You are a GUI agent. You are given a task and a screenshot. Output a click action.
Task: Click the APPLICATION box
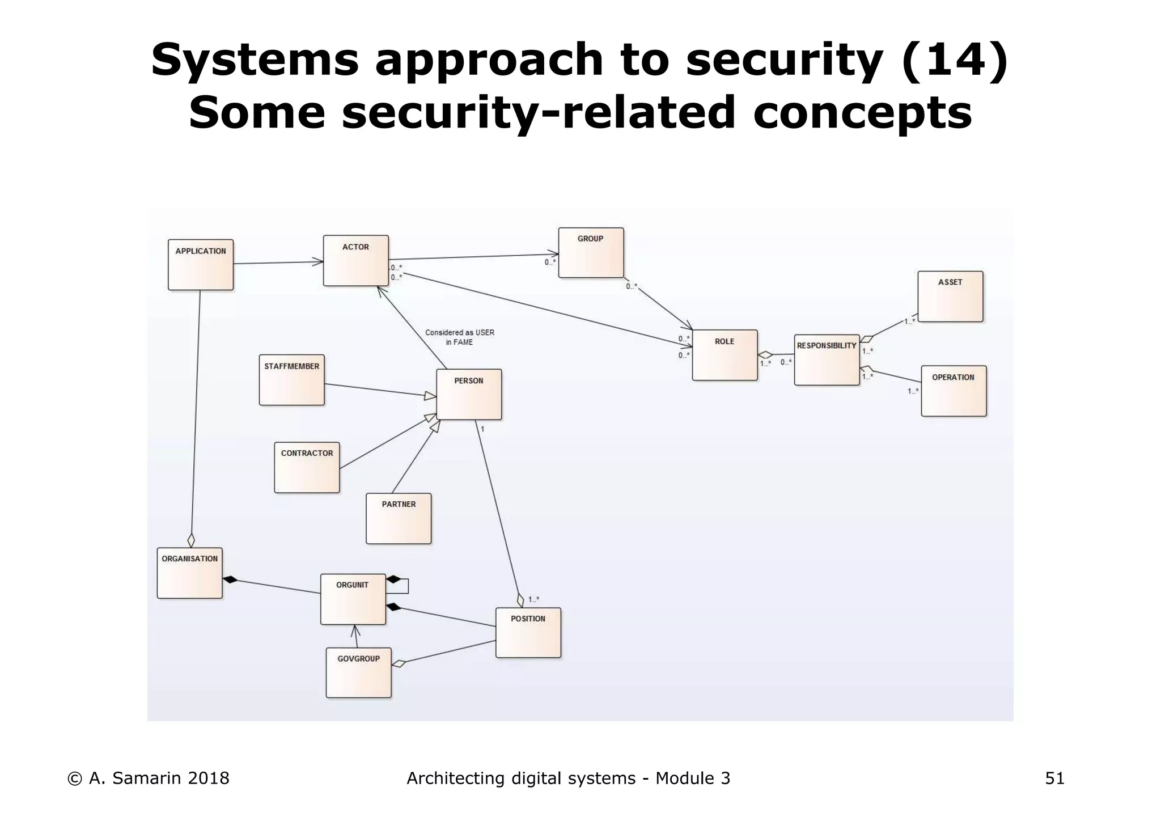(x=201, y=265)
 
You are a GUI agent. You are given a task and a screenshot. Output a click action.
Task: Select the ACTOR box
(x=356, y=261)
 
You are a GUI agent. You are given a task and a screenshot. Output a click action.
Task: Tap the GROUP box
(x=591, y=253)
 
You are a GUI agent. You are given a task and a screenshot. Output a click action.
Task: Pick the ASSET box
(x=950, y=297)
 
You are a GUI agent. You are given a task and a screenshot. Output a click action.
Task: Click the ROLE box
(x=724, y=355)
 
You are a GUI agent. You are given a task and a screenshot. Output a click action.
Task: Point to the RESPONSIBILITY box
(x=827, y=360)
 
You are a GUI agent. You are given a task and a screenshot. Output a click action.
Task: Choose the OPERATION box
(x=954, y=391)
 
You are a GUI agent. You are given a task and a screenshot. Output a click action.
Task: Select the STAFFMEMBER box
(x=292, y=380)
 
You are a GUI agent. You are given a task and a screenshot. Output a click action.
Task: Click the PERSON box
(x=469, y=395)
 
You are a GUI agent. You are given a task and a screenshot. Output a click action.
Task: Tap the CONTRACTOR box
(x=307, y=468)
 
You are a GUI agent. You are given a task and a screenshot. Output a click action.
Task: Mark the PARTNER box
(x=399, y=519)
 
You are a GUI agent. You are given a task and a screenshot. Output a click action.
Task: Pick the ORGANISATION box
(x=189, y=573)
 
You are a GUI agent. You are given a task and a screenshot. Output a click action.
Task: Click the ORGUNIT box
(x=353, y=599)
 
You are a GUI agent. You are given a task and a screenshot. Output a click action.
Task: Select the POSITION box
(x=528, y=633)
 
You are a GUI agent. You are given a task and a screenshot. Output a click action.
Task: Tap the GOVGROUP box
(x=358, y=673)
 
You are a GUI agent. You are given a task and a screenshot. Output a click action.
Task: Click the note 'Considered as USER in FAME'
(x=460, y=337)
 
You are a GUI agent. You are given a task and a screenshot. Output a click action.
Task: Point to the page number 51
(x=1054, y=779)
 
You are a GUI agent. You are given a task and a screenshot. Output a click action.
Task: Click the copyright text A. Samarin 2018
(x=149, y=779)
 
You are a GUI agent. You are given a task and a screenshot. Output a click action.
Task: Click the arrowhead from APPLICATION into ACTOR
(x=318, y=262)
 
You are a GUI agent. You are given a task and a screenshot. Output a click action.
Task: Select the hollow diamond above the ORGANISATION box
(x=191, y=540)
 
